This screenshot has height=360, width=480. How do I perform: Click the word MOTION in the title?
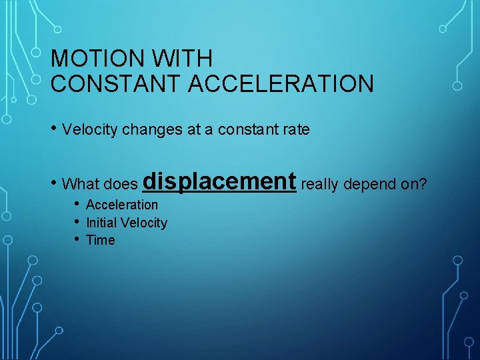pos(97,59)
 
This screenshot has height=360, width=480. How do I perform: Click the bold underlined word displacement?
pos(219,181)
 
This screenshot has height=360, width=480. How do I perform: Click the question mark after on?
pos(422,183)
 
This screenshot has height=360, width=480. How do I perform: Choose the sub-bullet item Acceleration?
pos(122,205)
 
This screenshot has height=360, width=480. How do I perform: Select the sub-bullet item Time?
pos(101,240)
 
